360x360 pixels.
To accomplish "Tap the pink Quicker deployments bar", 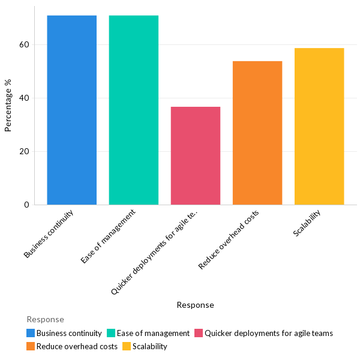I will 196,155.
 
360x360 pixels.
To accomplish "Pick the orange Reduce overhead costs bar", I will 257,133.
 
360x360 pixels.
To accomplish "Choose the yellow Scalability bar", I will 319,126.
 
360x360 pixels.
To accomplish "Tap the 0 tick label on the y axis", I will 26,205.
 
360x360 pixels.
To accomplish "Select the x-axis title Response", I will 195,305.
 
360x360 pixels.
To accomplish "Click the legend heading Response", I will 45,320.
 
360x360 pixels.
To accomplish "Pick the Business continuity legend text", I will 69,333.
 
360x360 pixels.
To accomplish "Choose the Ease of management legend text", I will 153,333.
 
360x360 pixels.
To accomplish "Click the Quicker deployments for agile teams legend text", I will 268,333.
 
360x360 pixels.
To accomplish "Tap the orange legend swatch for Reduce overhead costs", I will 31,346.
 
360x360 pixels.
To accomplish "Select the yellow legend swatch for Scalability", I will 127,346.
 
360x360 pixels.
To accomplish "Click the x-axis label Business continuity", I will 49,234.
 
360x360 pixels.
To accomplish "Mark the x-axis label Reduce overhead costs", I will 229,239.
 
